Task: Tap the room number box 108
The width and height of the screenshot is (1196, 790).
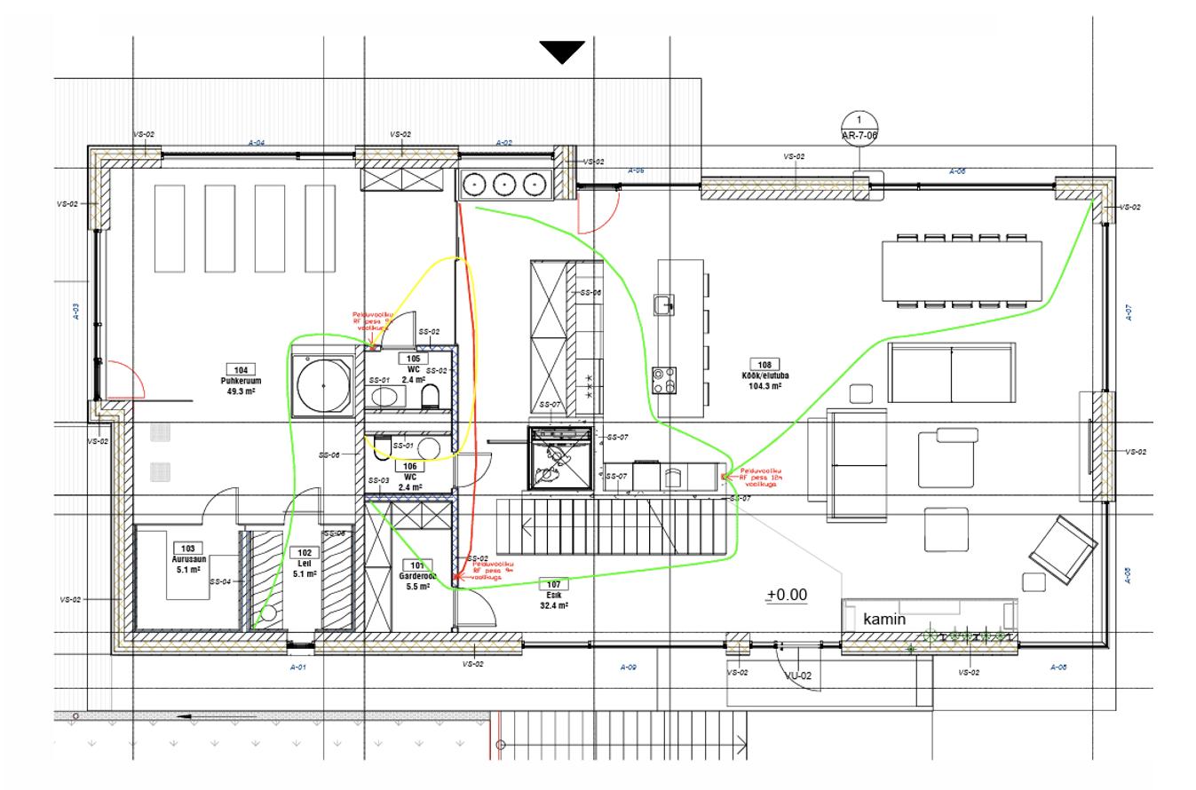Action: coord(763,364)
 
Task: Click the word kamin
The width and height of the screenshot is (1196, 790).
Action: coord(884,619)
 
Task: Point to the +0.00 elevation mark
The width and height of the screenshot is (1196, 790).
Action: coord(788,595)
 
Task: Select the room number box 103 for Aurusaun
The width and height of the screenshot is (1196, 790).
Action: coord(188,548)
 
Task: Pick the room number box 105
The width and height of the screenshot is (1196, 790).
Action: coord(413,358)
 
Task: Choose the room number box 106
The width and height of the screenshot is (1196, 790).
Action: coord(409,465)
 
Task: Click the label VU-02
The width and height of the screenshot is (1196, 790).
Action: coord(799,675)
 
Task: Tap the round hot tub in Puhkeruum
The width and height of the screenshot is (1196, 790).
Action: coord(322,386)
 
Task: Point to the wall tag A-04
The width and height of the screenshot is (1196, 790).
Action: coord(257,142)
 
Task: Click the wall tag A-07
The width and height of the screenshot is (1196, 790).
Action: coord(1128,312)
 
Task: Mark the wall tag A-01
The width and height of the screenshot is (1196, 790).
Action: coord(298,667)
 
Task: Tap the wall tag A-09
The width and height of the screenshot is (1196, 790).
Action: coord(629,667)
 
